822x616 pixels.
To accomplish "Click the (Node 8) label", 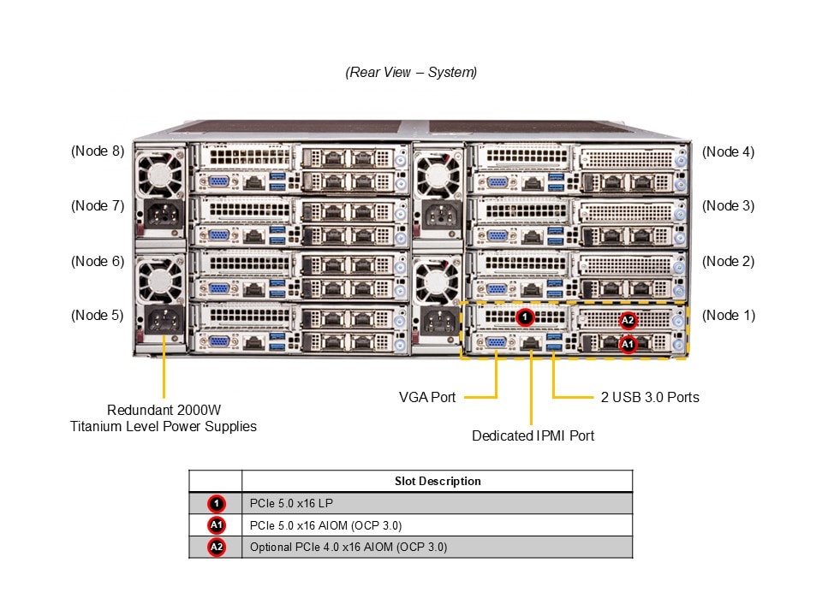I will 98,151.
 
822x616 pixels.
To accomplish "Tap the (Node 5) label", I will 98,315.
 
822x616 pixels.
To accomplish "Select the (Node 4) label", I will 728,151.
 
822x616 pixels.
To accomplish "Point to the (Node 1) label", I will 728,315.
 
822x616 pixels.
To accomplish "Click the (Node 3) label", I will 728,205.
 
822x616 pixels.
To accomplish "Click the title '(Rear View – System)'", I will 411,72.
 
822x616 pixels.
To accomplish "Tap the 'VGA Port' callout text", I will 427,397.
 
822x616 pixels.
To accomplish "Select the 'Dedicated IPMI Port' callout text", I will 533,435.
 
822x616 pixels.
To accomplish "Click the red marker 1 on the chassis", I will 526,317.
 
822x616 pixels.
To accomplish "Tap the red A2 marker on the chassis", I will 628,320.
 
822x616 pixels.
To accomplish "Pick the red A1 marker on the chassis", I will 628,343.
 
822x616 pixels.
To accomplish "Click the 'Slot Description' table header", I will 438,481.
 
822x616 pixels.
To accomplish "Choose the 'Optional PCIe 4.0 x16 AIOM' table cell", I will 348,547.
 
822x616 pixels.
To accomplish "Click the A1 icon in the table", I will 216,525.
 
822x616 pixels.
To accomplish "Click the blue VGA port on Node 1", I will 496,343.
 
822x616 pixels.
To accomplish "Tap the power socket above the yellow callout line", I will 162,321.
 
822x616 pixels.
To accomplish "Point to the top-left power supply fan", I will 160,175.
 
